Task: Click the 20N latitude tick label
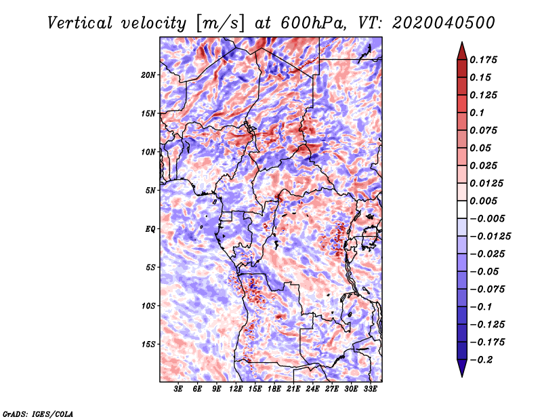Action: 148,75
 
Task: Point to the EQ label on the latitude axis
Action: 150,228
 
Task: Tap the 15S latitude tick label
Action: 148,344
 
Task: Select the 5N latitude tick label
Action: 150,191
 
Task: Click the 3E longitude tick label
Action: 178,389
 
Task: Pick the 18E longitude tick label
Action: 274,389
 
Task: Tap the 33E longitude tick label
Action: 370,389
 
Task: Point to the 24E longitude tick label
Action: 312,389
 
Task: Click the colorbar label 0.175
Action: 483,60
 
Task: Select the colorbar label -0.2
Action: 481,360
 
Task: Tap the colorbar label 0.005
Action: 483,201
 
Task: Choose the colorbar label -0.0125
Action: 490,237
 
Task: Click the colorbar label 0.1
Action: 477,113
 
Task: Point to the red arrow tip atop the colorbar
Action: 462,42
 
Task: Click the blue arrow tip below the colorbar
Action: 462,376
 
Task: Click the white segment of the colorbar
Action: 462,209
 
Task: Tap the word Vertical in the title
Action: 80,23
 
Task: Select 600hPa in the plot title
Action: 313,23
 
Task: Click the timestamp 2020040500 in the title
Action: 444,23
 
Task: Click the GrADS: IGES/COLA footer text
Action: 38,414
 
